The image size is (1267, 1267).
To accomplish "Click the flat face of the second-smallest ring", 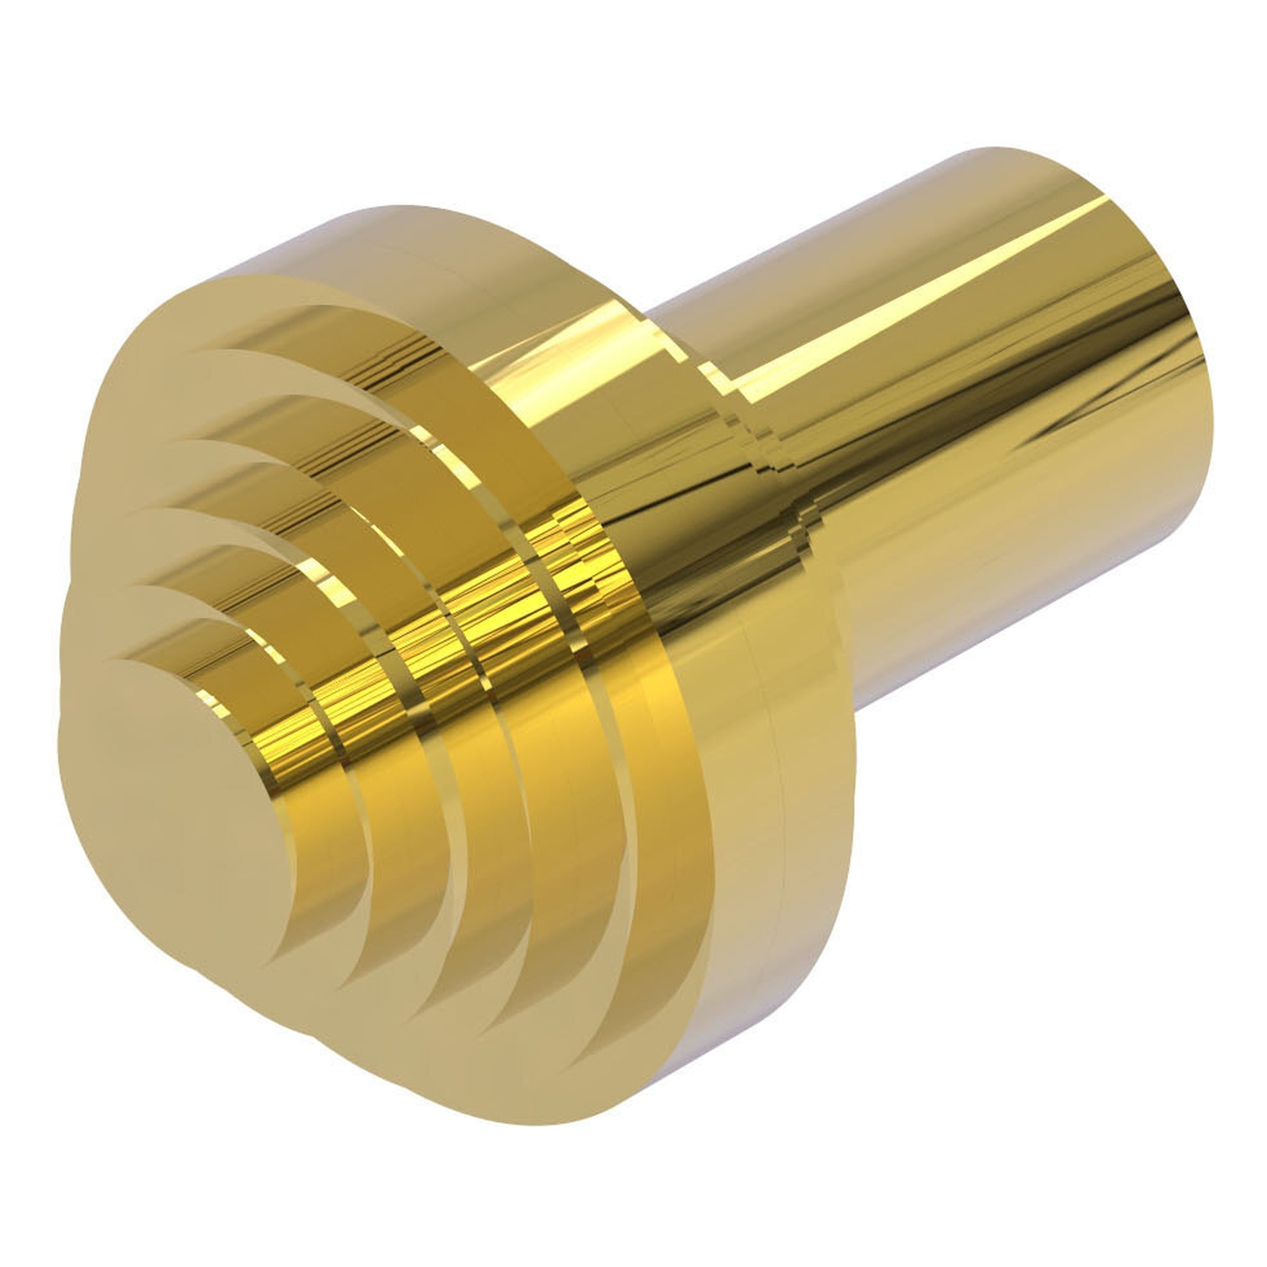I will click(x=131, y=629).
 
